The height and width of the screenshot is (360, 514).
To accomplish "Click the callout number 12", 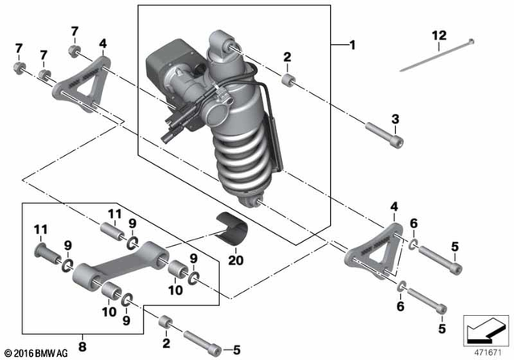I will coord(438,35).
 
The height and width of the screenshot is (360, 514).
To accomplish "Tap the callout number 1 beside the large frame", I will coord(351,45).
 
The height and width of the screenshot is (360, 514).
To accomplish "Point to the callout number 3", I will coord(394,119).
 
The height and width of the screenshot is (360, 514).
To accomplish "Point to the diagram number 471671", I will coord(485,351).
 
